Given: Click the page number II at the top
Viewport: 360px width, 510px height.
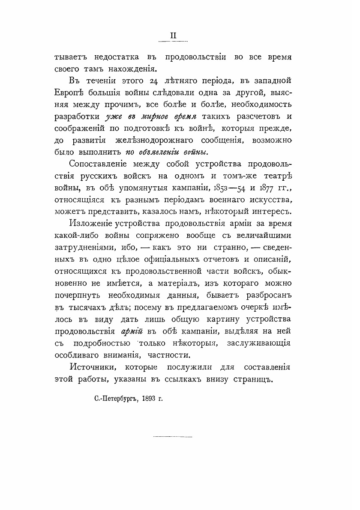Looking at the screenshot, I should (173, 36).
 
